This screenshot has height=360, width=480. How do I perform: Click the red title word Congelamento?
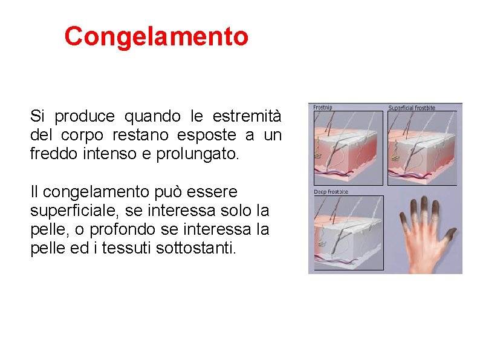pos(156,36)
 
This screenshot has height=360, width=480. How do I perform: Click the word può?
pos(143,192)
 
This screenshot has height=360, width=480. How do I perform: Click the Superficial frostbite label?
pos(411,108)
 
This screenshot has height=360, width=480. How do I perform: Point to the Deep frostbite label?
pos(330,192)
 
